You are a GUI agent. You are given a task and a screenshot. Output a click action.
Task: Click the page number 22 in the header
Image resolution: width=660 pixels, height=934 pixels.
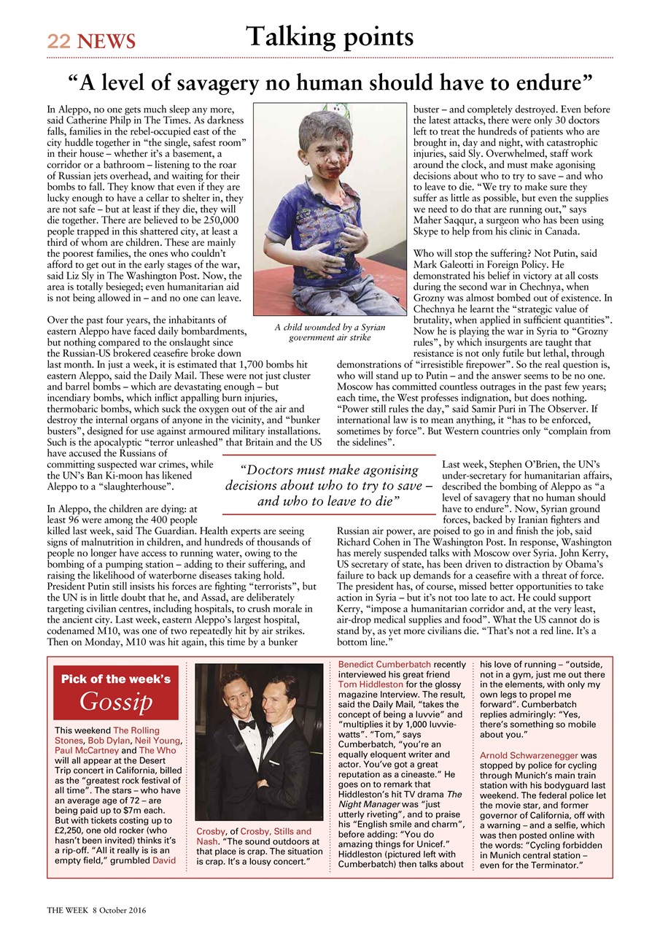58,42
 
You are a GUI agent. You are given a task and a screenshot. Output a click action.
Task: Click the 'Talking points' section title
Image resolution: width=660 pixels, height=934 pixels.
330,36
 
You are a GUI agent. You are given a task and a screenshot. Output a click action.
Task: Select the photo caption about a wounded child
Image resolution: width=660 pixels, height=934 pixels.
330,333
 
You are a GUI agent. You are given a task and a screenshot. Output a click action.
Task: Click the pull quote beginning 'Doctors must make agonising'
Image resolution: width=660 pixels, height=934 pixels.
329,485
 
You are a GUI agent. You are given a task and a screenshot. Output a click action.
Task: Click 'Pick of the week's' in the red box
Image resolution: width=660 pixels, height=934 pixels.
116,679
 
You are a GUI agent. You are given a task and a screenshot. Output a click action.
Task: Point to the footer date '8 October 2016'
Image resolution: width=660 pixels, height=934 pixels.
120,911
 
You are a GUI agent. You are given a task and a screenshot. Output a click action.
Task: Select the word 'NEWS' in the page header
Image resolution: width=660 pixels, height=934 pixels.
107,42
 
